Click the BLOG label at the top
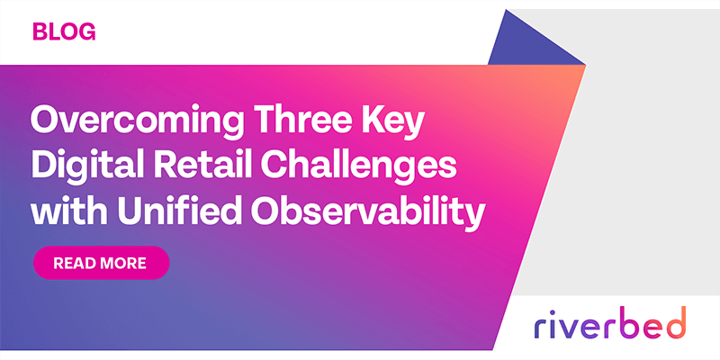(64, 32)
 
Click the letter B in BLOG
(40, 32)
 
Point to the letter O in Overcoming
(47, 120)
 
